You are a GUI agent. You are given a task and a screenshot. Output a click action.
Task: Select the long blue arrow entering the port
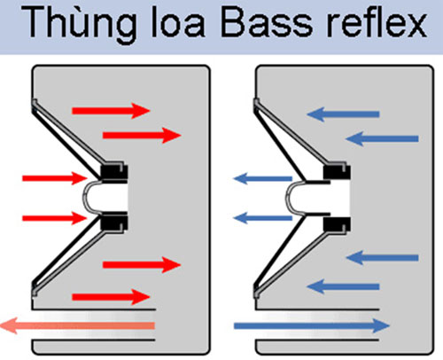[x=310, y=325]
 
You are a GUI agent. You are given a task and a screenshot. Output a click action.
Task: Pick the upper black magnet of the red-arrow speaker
[x=113, y=170]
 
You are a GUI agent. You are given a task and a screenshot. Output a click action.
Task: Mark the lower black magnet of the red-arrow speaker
[x=113, y=223]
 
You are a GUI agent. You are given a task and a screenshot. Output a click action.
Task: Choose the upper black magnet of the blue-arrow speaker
[x=335, y=170]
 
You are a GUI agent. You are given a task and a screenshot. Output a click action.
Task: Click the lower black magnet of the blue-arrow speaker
[x=335, y=223]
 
